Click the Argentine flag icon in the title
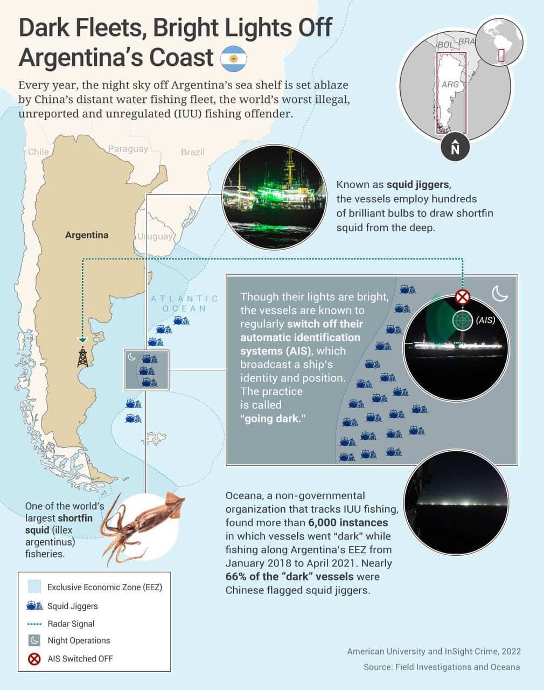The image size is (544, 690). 234,59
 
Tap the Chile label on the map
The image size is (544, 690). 38,151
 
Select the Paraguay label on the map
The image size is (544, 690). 128,149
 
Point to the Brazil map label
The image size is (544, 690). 193,152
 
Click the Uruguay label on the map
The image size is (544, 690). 155,236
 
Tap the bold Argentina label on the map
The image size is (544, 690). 87,235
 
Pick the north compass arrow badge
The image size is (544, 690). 455,147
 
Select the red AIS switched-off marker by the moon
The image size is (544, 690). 463,296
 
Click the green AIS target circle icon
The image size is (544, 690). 462,320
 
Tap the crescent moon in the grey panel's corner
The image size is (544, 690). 500,294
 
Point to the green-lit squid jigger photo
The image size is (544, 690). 274,197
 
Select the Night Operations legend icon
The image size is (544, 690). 34,640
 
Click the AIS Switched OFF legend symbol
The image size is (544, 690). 34,659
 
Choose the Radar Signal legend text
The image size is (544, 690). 71,624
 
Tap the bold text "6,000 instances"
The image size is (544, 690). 348,522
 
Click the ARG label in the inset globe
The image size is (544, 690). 450,85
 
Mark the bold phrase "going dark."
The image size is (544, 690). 273,418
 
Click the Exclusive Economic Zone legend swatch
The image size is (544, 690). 34,587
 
